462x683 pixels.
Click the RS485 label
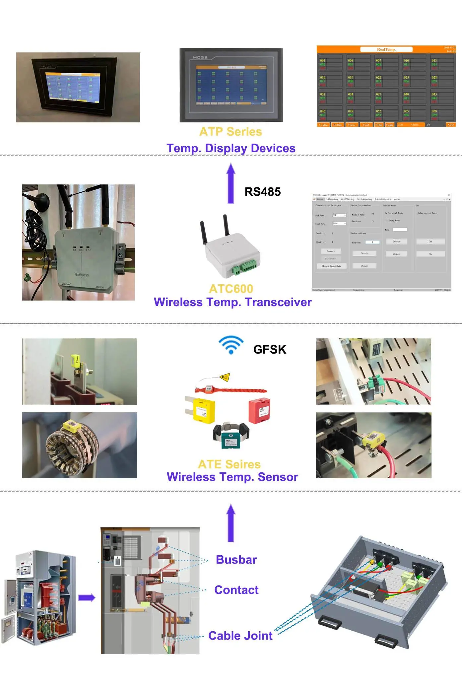point(262,192)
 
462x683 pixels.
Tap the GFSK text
point(269,349)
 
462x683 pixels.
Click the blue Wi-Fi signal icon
point(231,345)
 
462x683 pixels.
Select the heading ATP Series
point(231,132)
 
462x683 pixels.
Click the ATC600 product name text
point(231,289)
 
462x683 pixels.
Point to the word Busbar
point(236,560)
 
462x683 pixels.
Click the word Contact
point(236,590)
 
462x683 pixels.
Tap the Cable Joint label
point(240,636)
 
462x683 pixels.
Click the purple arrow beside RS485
point(231,183)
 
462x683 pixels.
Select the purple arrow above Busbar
point(231,523)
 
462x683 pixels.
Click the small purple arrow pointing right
point(87,598)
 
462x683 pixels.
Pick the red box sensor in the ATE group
point(259,411)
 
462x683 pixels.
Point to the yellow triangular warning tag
point(225,377)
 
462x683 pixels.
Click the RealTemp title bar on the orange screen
point(386,49)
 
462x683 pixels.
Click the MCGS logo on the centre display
point(200,57)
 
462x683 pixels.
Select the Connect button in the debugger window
point(331,251)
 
